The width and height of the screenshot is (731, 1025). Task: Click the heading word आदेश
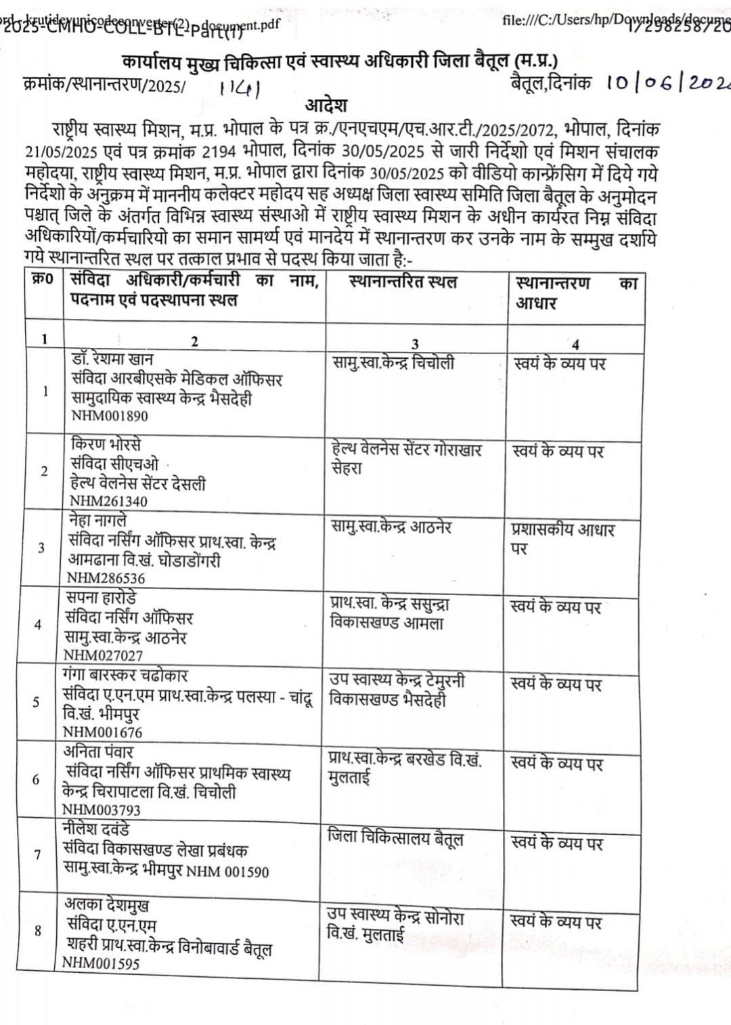point(326,106)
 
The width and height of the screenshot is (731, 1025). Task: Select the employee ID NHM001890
point(110,416)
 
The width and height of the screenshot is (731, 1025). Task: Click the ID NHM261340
point(108,501)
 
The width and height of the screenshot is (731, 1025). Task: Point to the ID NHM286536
point(106,578)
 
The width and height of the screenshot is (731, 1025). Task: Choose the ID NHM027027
point(103,655)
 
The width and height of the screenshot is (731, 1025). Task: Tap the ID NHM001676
point(102,732)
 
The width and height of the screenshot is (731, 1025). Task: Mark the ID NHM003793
point(102,810)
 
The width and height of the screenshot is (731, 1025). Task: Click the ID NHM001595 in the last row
point(101,963)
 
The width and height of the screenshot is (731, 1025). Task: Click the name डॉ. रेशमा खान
point(113,359)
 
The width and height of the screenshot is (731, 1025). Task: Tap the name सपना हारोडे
point(101,598)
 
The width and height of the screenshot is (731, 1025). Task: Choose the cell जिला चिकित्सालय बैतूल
point(395,838)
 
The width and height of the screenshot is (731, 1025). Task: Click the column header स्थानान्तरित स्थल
point(403,282)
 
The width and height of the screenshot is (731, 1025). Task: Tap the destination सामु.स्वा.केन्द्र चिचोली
point(393,363)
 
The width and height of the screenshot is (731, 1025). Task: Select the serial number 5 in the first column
point(36,702)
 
